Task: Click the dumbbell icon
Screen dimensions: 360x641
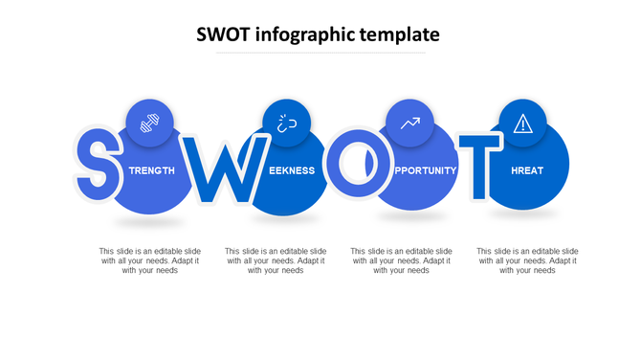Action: [x=149, y=123]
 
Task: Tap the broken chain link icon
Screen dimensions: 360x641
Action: [x=286, y=123]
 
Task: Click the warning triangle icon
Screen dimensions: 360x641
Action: [x=522, y=123]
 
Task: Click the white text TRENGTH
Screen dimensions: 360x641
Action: [x=152, y=170]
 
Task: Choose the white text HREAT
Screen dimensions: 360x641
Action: [x=526, y=170]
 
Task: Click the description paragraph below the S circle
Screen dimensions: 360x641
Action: [x=150, y=260]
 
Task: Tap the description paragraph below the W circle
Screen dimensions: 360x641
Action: [x=276, y=260]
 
